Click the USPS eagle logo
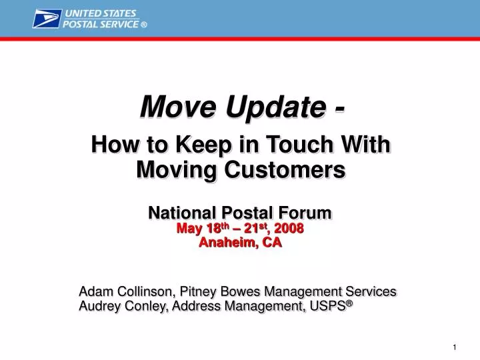(46, 19)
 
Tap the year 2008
(289, 229)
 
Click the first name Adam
(95, 291)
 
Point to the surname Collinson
(143, 291)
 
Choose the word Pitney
(198, 291)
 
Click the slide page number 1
(454, 347)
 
